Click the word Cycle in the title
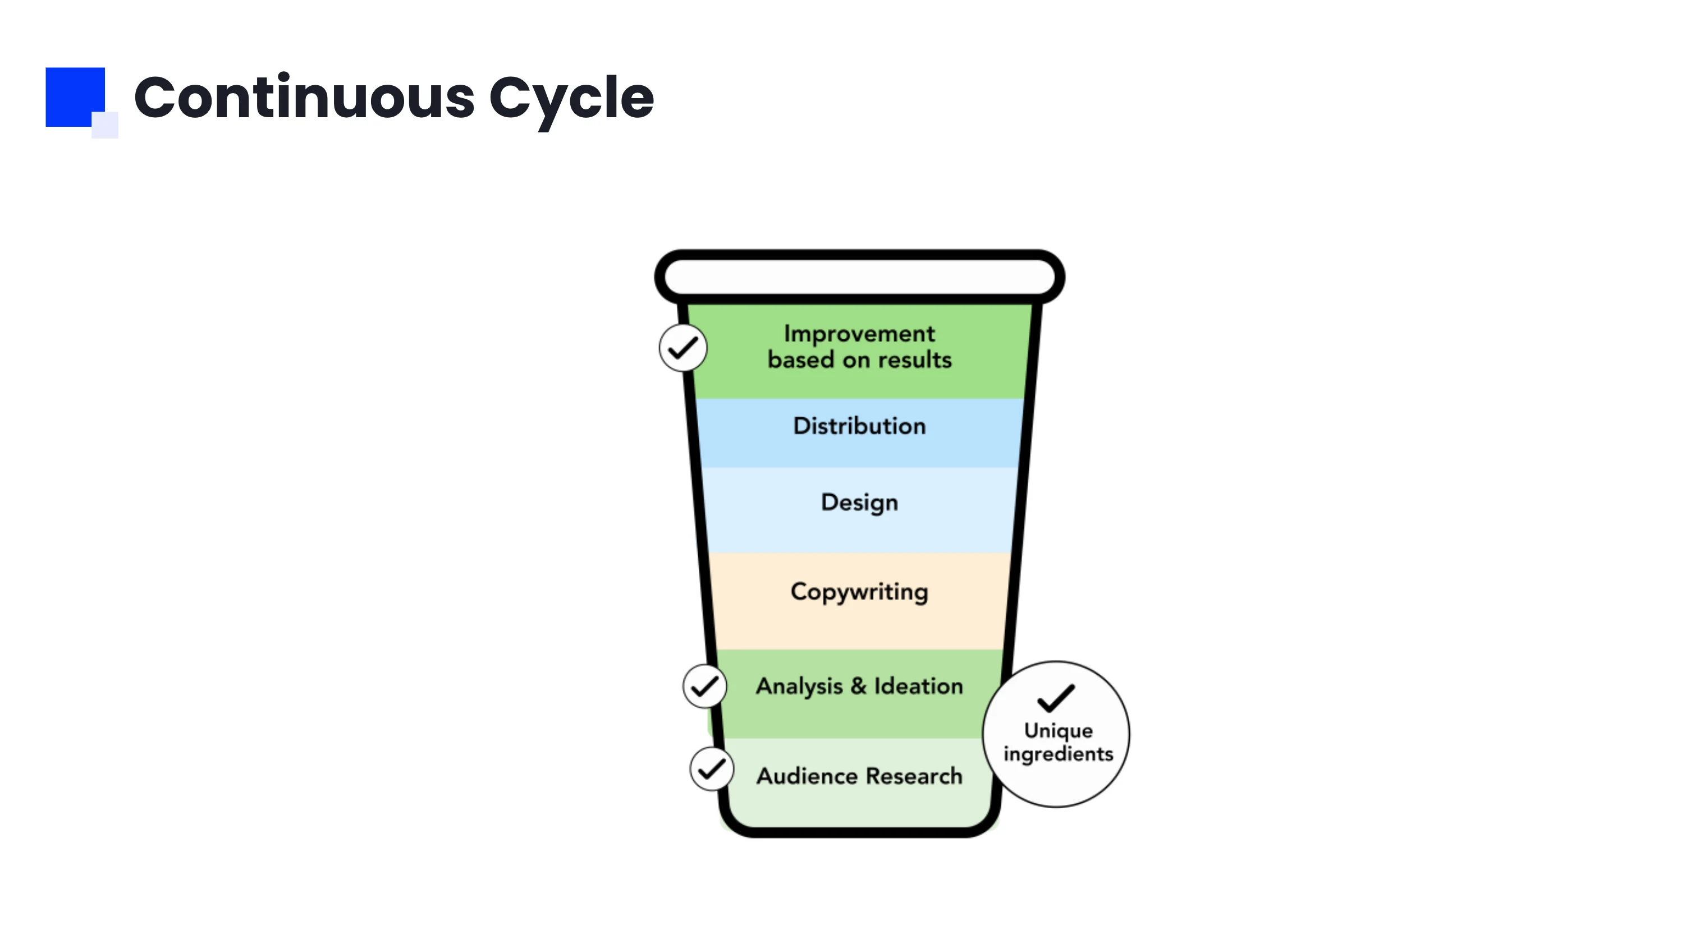pos(571,99)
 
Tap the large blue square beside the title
pos(72,94)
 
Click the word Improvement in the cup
pos(859,333)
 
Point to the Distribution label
pos(859,426)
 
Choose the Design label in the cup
pos(859,503)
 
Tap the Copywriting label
pos(859,592)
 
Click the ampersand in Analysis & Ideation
pos(858,686)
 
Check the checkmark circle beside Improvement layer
pos(683,347)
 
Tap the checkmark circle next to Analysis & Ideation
pos(705,686)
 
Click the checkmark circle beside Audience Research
pos(711,768)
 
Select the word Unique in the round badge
pos(1058,731)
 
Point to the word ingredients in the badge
pos(1058,754)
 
